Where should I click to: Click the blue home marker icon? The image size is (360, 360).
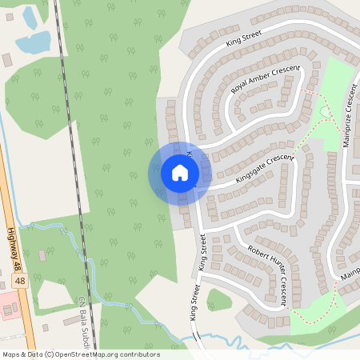[x=179, y=173]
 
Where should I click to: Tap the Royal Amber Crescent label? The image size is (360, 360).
[x=264, y=80]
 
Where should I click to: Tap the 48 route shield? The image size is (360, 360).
[x=19, y=282]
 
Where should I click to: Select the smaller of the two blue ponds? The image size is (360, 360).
[x=30, y=16]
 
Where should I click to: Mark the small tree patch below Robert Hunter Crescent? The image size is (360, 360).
[x=218, y=300]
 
